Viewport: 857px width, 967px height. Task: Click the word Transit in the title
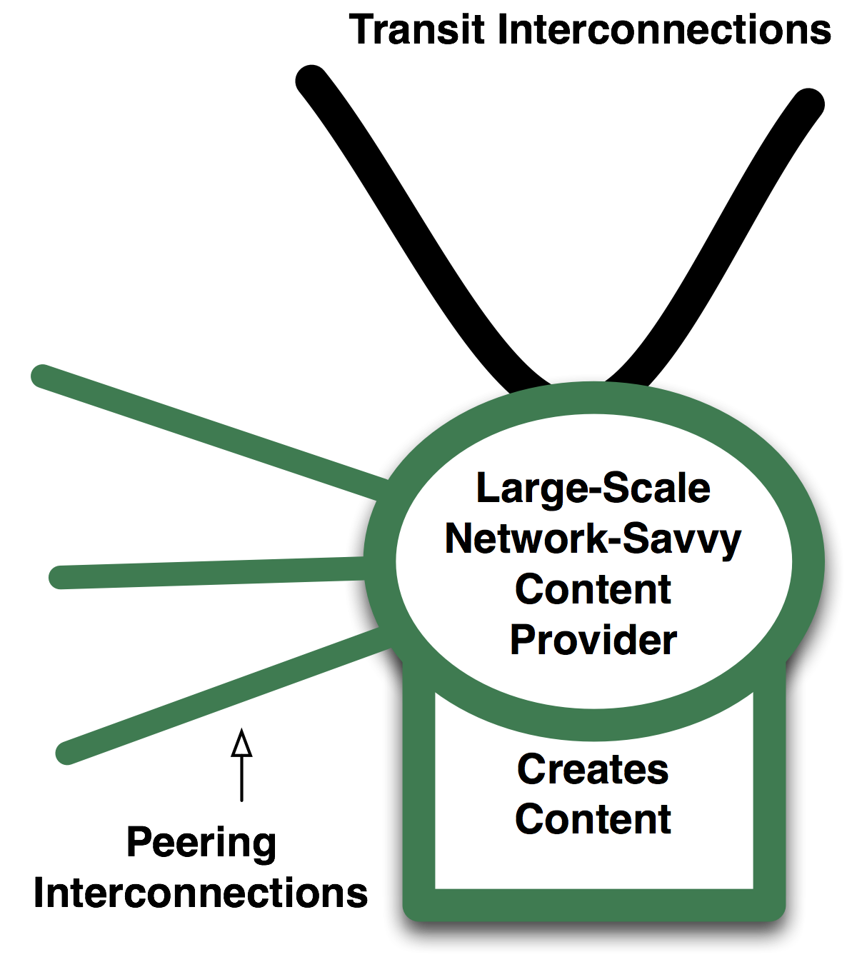point(417,30)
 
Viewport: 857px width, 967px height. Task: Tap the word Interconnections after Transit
point(664,30)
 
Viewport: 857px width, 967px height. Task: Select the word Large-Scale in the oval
point(593,488)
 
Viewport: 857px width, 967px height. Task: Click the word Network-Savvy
point(593,539)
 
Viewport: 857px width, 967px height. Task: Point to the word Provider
point(593,640)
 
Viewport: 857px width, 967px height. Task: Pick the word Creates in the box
point(593,769)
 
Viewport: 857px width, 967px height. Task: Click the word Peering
point(201,843)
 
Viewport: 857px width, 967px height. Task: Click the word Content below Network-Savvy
point(593,590)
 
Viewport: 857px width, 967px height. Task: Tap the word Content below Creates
point(593,819)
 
